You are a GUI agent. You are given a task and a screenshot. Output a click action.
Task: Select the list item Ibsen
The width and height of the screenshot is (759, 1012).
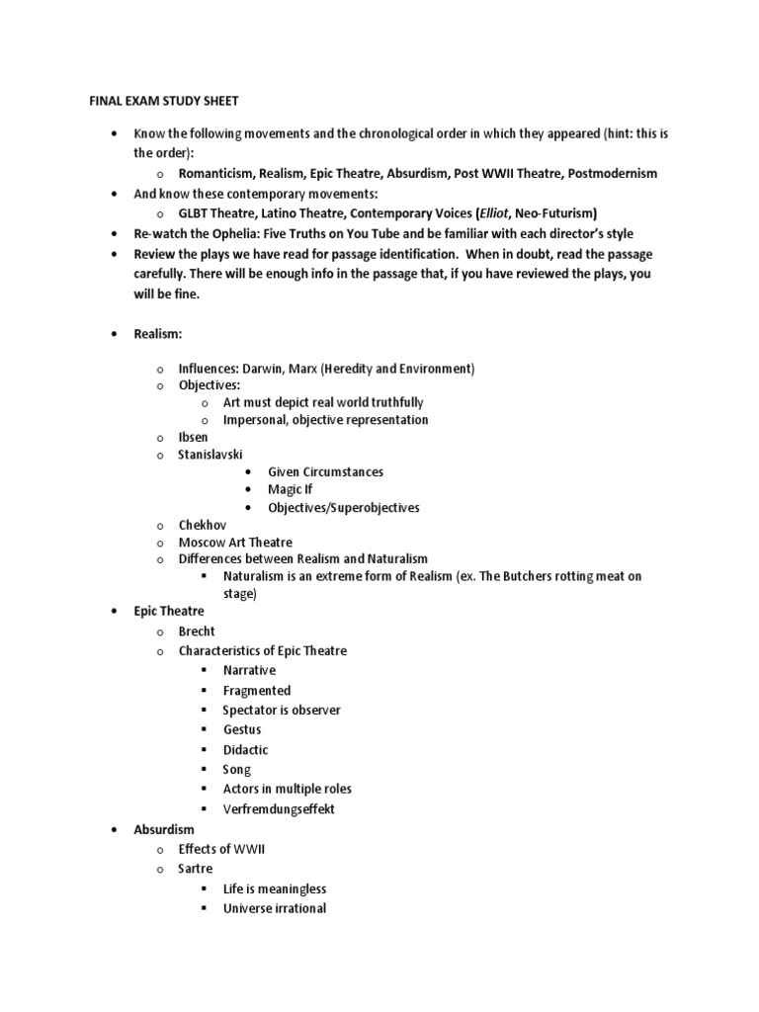pos(193,436)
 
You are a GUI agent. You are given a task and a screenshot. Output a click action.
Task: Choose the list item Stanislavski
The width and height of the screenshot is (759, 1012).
pos(210,455)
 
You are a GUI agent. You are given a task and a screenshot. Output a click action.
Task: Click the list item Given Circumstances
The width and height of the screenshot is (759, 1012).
pos(325,472)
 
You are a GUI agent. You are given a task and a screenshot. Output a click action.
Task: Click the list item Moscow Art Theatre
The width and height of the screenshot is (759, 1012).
pos(236,543)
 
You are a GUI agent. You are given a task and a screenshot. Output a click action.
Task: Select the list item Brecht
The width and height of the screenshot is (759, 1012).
pos(196,631)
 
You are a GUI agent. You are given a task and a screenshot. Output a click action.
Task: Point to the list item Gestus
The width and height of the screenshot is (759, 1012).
pos(242,729)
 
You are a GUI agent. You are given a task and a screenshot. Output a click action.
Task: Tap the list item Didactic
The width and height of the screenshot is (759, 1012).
pos(246,749)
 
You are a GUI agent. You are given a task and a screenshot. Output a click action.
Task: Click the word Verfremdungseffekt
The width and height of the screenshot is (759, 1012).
pos(280,808)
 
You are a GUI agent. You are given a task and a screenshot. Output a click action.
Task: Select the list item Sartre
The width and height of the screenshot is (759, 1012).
pos(195,869)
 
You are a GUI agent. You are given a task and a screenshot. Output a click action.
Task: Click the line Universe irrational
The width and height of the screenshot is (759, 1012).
pos(274,908)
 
